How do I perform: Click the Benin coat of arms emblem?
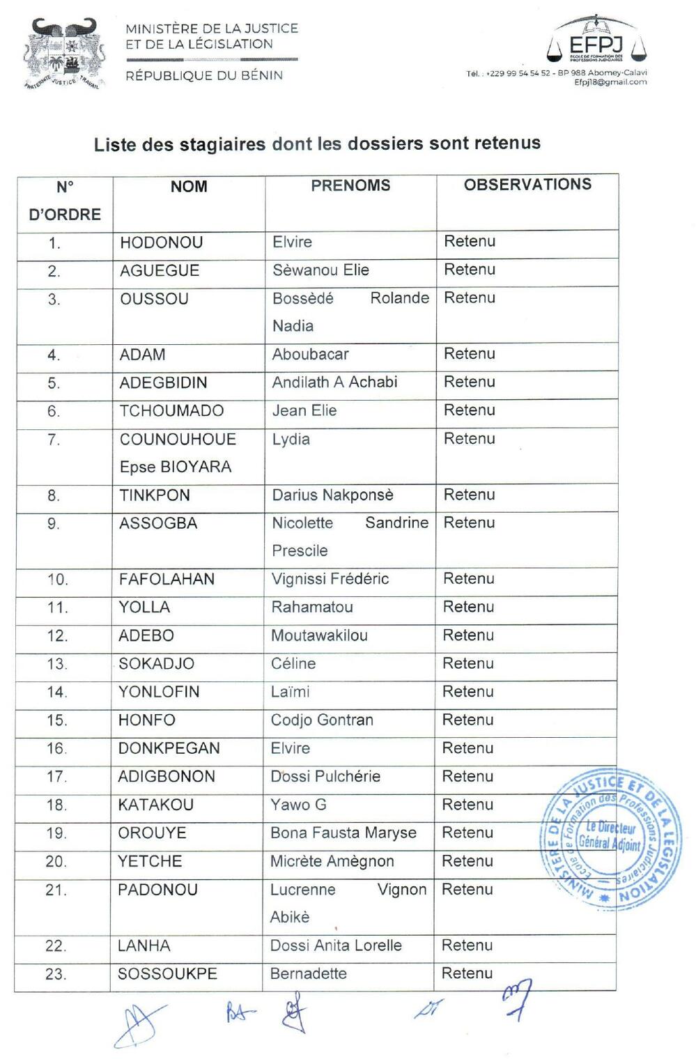65,54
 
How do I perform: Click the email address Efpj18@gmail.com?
610,82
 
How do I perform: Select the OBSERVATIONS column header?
527,185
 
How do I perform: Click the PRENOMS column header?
350,185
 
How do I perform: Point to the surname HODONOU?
161,242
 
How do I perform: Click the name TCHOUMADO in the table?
171,411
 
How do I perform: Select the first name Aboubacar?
310,354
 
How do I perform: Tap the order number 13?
57,664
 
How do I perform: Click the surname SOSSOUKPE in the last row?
167,974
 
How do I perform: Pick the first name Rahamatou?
312,607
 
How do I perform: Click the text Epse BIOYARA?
176,467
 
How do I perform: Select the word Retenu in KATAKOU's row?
467,805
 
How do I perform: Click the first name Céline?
293,663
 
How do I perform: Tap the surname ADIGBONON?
167,776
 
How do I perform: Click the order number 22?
55,946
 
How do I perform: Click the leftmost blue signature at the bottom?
138,1024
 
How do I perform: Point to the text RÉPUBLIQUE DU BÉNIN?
204,75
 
